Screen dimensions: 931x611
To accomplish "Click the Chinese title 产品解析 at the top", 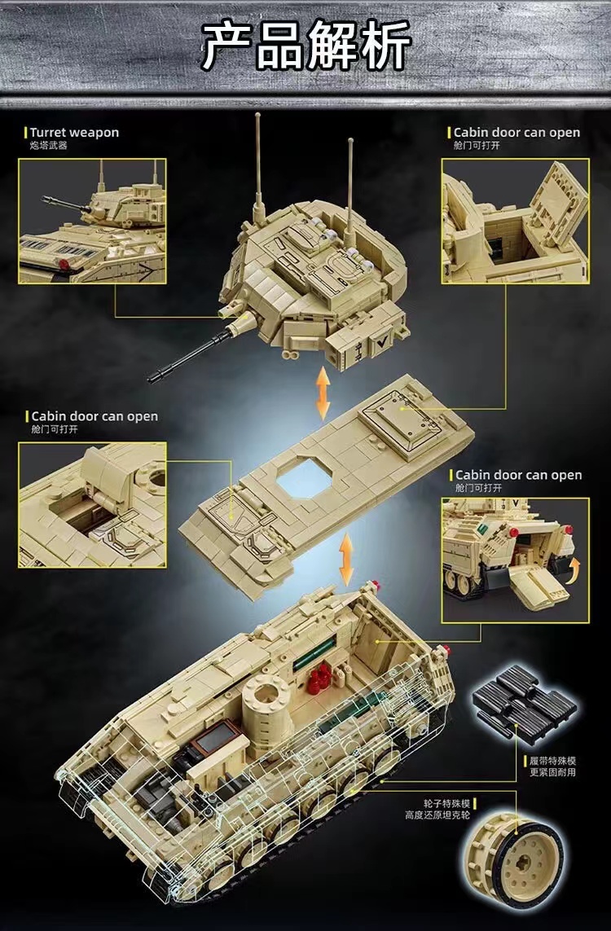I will click(305, 48).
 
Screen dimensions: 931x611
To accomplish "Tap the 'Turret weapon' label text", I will click(74, 132).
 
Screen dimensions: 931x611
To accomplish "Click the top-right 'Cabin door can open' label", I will click(516, 132).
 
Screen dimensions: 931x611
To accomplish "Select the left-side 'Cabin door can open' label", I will click(95, 416).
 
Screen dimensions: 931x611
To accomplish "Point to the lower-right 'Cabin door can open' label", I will click(518, 475).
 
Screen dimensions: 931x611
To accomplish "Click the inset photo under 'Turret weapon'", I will click(92, 221).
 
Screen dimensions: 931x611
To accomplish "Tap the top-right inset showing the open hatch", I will click(515, 221).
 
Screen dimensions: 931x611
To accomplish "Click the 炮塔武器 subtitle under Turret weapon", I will click(49, 145).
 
